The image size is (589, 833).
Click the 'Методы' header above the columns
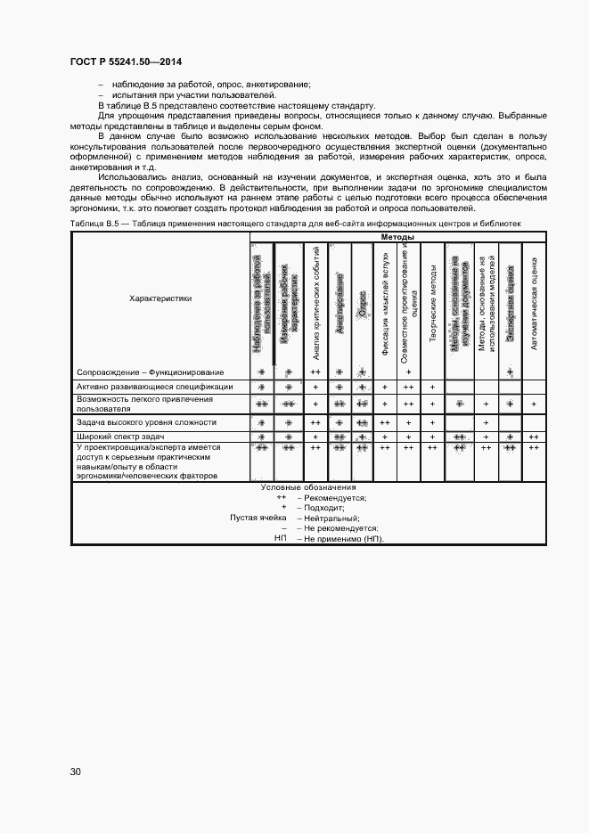pos(397,238)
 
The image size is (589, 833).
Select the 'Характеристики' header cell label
pos(160,298)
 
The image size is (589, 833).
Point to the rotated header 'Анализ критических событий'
pos(315,301)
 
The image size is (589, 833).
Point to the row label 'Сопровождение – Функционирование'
pos(151,372)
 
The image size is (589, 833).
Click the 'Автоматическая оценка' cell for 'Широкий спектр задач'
pos(534,437)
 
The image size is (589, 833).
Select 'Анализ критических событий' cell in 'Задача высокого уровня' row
pos(315,421)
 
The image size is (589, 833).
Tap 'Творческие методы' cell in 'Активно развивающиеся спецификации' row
pos(432,387)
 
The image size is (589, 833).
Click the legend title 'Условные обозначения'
pos(308,487)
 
